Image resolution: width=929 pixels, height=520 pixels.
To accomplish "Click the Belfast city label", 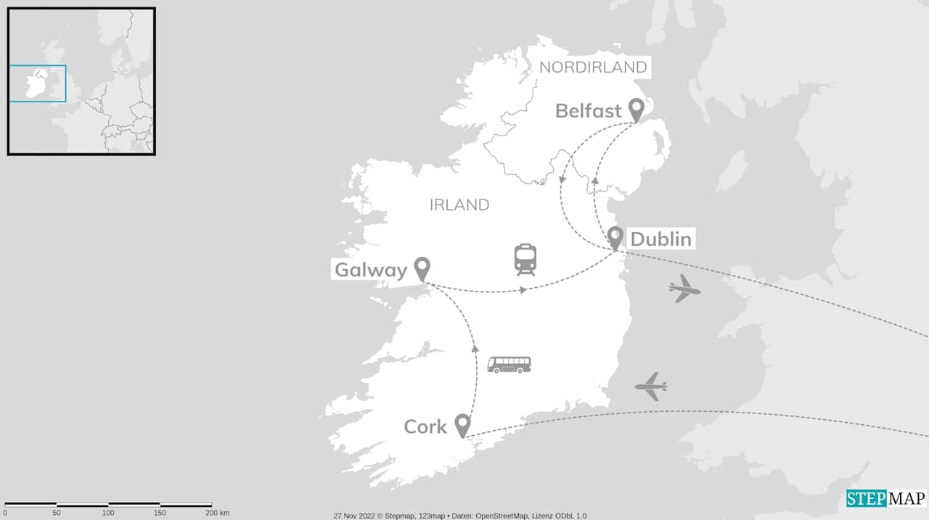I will pyautogui.click(x=588, y=111).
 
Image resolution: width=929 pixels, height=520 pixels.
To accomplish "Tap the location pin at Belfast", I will pyautogui.click(x=637, y=110).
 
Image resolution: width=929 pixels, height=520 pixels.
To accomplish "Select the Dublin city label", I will pyautogui.click(x=660, y=239).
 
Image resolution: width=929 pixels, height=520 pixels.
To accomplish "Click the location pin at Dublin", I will pyautogui.click(x=615, y=237).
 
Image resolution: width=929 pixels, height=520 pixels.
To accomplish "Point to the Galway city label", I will pyautogui.click(x=370, y=270).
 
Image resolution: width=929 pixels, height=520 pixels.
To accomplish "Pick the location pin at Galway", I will pyautogui.click(x=422, y=268).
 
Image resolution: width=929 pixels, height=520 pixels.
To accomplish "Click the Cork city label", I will pyautogui.click(x=425, y=426).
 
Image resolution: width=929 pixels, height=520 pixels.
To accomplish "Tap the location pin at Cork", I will pyautogui.click(x=462, y=425).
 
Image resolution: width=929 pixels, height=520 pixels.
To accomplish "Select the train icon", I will pyautogui.click(x=525, y=259).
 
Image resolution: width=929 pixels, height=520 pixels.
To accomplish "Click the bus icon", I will pyautogui.click(x=509, y=364).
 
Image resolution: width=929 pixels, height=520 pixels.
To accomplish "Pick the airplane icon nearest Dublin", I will pyautogui.click(x=684, y=289).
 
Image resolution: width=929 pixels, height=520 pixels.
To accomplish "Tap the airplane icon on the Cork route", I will pyautogui.click(x=651, y=386).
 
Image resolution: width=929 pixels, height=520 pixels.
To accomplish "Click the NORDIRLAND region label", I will pyautogui.click(x=593, y=67).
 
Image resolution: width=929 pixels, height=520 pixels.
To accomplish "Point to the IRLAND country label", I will pyautogui.click(x=459, y=205).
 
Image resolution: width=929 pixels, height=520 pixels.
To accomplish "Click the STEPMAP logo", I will pyautogui.click(x=886, y=499).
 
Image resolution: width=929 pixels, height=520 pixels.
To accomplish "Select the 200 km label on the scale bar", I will pyautogui.click(x=218, y=513).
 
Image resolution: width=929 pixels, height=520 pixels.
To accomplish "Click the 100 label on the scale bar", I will pyautogui.click(x=108, y=513).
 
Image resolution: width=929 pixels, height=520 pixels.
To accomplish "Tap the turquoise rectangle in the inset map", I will pyautogui.click(x=37, y=83).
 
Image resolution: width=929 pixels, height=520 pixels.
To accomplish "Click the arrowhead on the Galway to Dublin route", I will pyautogui.click(x=523, y=290).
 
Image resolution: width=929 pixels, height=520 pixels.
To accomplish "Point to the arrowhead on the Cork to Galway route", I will pyautogui.click(x=475, y=349).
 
